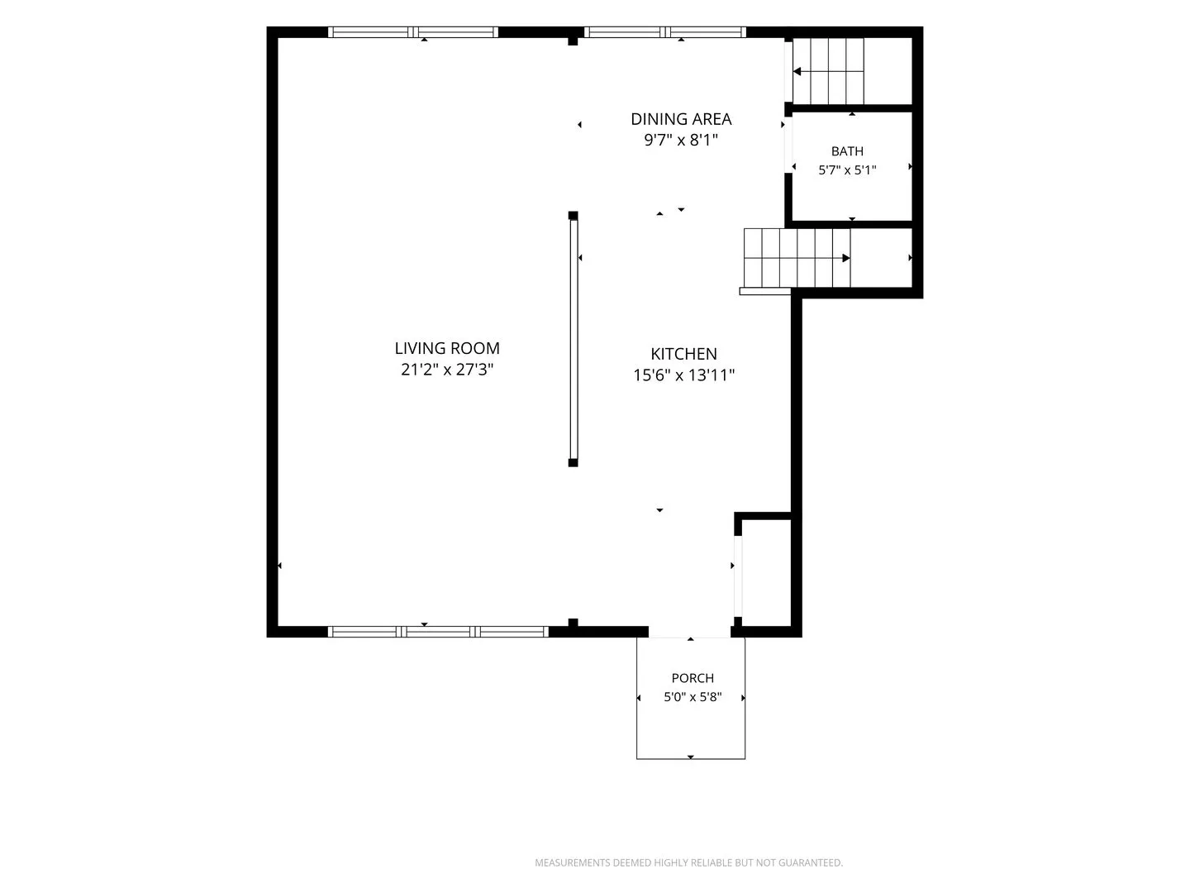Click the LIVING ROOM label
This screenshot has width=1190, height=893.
(x=447, y=348)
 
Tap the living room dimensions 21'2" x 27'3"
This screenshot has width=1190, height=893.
(x=447, y=370)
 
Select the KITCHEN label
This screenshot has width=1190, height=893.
(x=683, y=354)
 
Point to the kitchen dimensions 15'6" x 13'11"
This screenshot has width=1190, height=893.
(x=683, y=375)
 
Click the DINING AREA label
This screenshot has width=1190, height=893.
(x=681, y=119)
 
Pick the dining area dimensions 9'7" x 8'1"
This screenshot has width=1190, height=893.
(x=681, y=141)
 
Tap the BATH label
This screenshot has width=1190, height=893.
(x=847, y=151)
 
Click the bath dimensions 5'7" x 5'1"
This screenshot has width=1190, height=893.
(x=847, y=170)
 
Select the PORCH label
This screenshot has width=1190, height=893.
(x=693, y=678)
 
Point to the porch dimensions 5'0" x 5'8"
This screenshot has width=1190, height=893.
(x=693, y=697)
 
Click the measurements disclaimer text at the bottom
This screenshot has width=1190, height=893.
(x=688, y=862)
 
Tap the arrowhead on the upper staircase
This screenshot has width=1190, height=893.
(x=797, y=72)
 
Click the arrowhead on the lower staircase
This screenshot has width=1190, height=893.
(x=845, y=258)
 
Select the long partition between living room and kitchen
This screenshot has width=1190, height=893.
(x=573, y=339)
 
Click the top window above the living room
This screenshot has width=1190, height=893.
(x=412, y=32)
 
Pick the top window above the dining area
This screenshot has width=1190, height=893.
(x=664, y=32)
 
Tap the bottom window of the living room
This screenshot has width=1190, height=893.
(x=438, y=632)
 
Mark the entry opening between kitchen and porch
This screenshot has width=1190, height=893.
(x=689, y=633)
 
